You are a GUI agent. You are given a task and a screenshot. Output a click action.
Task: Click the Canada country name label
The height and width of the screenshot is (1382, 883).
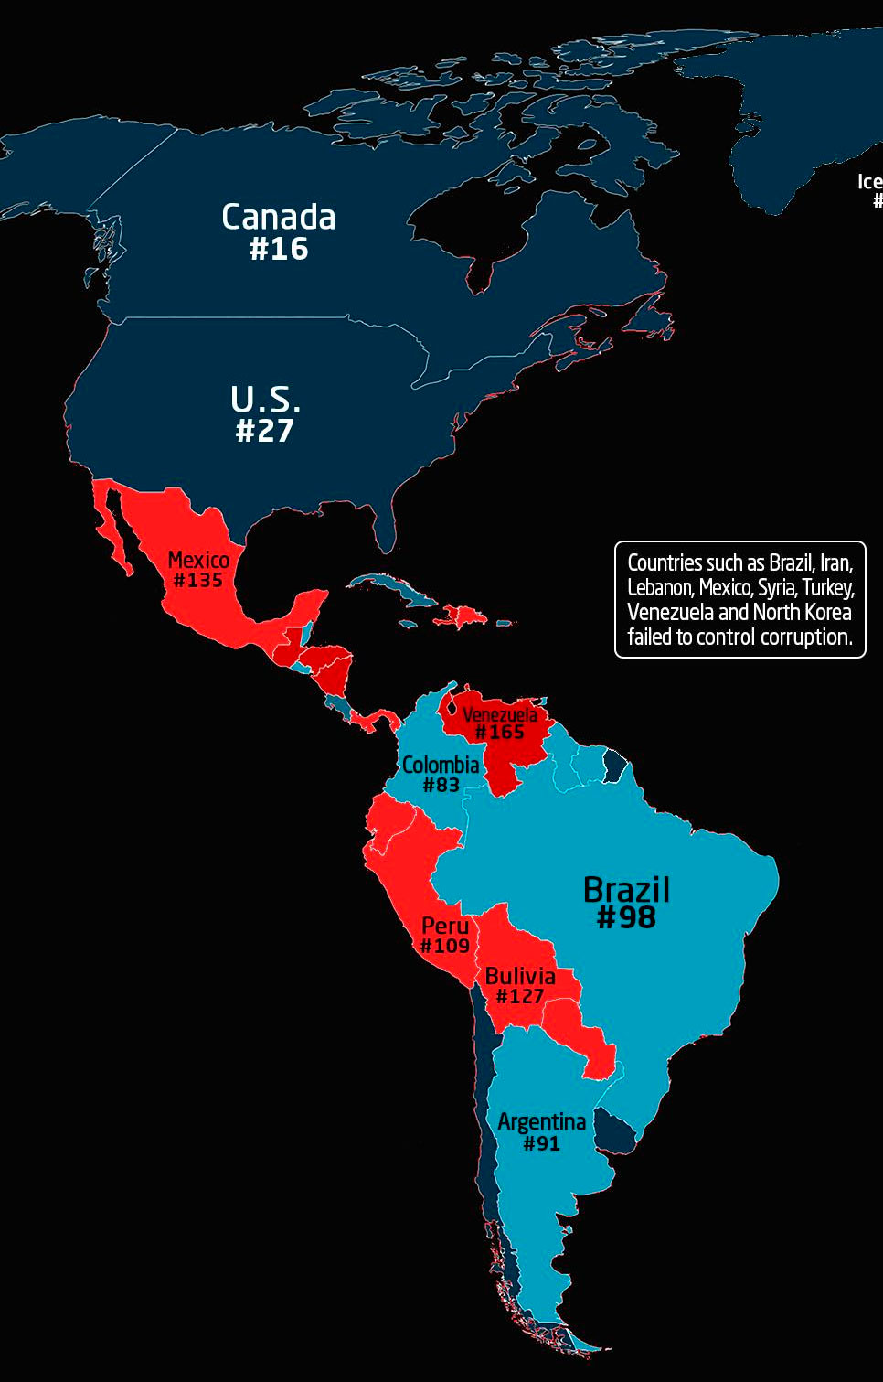click(279, 218)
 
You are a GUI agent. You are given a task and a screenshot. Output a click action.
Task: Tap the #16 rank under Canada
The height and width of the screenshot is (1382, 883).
click(279, 249)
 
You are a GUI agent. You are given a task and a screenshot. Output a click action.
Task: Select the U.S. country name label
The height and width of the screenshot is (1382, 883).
click(265, 400)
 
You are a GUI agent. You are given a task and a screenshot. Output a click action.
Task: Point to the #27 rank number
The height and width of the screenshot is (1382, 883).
click(265, 431)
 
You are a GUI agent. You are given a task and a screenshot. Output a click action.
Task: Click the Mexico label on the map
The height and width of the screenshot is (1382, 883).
click(198, 560)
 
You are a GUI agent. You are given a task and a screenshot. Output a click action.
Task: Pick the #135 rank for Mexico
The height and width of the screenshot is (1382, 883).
click(198, 581)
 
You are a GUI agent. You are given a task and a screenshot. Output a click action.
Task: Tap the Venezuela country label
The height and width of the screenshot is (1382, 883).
click(500, 714)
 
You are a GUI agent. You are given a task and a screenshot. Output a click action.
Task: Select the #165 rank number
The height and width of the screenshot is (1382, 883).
click(500, 733)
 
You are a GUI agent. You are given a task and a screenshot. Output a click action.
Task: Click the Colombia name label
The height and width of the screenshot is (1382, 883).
click(441, 765)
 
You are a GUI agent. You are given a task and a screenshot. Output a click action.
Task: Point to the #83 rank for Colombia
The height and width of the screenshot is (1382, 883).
click(441, 785)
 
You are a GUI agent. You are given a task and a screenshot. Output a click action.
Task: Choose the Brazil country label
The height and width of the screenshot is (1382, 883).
click(626, 889)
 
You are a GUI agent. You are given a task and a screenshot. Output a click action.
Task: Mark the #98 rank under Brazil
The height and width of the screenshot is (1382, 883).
click(626, 917)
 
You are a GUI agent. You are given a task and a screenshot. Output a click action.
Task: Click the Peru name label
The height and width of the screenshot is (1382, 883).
click(445, 926)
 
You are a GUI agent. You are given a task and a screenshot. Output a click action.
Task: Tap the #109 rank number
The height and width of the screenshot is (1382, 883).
click(445, 947)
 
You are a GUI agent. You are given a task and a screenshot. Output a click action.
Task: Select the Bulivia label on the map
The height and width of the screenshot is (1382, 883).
click(520, 976)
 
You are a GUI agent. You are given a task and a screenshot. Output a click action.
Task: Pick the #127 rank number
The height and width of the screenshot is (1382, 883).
click(520, 997)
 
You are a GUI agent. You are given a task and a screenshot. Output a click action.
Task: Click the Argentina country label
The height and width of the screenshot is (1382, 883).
click(541, 1121)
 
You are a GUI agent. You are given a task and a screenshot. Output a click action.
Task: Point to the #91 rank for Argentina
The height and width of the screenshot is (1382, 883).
click(541, 1143)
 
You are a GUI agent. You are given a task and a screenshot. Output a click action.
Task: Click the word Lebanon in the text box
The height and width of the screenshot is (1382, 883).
click(659, 587)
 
